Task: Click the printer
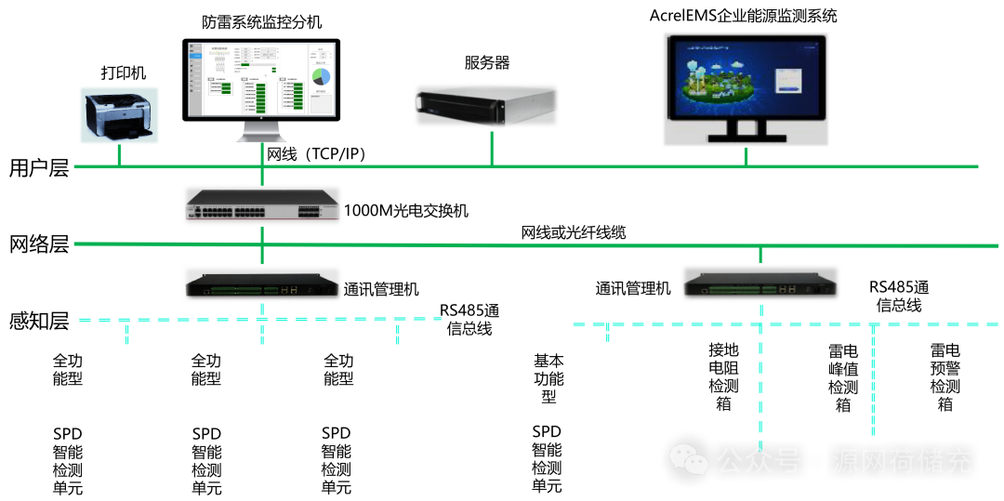[118, 114]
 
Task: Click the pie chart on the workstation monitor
[321, 75]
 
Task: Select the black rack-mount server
[485, 105]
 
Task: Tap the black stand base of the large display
[746, 138]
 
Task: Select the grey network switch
[262, 204]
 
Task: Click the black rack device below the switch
[262, 283]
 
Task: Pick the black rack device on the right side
[760, 283]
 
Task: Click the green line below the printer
[119, 155]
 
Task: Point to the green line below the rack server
[492, 149]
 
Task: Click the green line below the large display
[746, 156]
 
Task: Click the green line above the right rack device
[760, 255]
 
